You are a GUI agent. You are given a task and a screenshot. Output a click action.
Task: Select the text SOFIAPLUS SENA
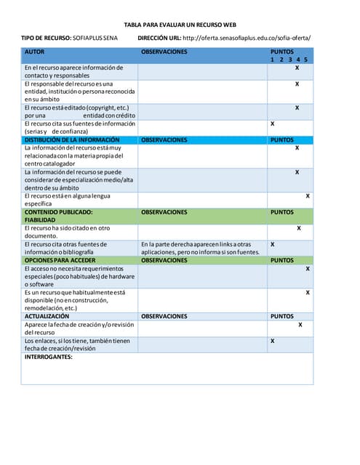point(95,38)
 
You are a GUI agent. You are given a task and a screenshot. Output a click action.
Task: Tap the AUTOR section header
point(34,52)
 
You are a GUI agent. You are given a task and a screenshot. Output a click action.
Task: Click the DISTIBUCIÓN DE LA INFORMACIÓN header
point(72,139)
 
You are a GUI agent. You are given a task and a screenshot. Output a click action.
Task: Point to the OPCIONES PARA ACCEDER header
point(60,259)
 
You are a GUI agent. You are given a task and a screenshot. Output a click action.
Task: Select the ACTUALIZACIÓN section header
point(47,316)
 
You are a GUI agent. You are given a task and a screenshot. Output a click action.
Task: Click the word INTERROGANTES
point(49,357)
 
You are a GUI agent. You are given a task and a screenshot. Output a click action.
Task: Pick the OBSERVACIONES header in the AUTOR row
point(164,52)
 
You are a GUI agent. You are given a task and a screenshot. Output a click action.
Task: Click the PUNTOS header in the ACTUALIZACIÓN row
point(282,316)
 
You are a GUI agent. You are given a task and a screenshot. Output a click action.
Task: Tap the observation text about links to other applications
point(200,248)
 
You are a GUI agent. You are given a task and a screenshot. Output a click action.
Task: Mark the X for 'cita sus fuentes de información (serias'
point(272,124)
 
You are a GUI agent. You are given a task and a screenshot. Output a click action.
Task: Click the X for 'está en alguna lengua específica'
point(308,195)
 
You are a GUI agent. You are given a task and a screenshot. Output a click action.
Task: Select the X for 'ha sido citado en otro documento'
point(299,228)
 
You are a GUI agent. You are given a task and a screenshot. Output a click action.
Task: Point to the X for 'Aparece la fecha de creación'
point(300,325)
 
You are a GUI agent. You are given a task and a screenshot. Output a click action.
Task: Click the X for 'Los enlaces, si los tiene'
point(272,341)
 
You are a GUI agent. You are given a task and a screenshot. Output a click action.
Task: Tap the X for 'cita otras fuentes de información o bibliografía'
point(272,244)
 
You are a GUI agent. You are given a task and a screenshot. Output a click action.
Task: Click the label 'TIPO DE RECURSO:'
point(46,38)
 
